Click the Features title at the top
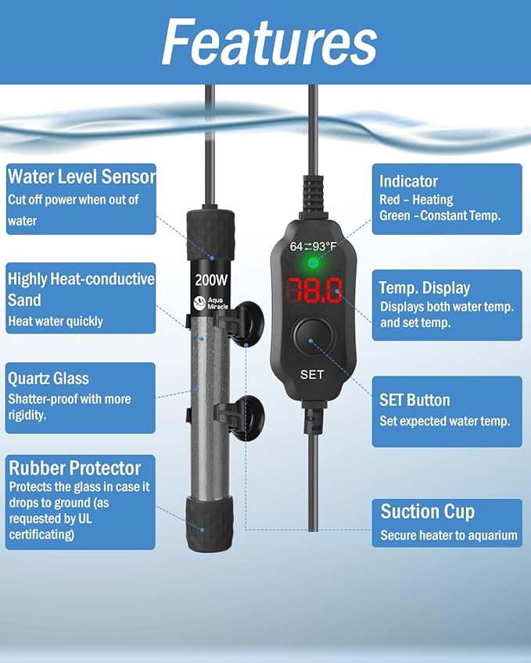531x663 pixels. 269,42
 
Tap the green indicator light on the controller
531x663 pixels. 314,263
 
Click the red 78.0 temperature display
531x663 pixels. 314,291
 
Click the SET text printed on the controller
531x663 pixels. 312,375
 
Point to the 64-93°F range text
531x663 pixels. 314,246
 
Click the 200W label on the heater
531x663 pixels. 211,280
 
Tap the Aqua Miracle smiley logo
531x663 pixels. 199,303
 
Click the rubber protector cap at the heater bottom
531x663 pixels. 210,524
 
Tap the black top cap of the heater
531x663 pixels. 210,235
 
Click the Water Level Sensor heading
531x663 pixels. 82,176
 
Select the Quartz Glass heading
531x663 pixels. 48,379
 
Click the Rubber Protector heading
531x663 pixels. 74,468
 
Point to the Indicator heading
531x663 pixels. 408,181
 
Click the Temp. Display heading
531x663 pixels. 425,288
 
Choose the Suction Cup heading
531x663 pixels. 427,512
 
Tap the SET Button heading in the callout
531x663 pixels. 414,400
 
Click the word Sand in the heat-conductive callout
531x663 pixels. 24,300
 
